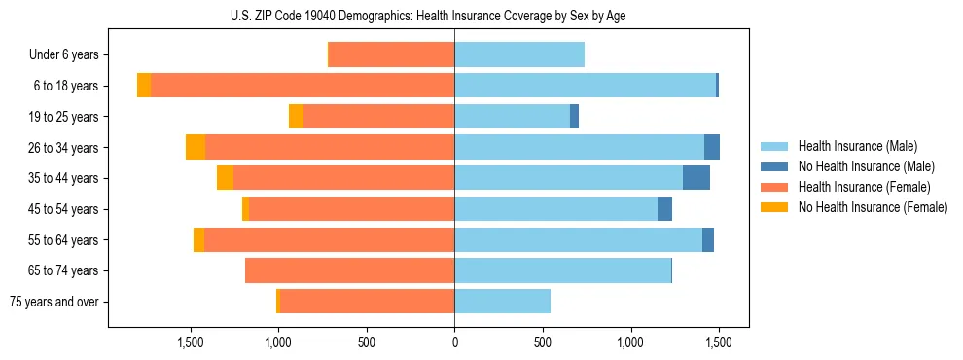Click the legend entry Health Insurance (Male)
pos(857,146)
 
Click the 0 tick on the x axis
pos(454,343)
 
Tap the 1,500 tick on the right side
pos(718,343)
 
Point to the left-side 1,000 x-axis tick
pos(278,343)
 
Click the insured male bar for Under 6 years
pos(519,55)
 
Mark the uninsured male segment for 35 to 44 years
pos(696,178)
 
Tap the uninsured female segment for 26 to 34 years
pos(196,147)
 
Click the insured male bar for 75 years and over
pos(502,302)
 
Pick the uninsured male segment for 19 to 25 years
pos(574,117)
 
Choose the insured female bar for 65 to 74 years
pos(349,270)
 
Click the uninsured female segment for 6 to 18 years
pos(144,86)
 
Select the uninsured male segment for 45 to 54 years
pos(664,209)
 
